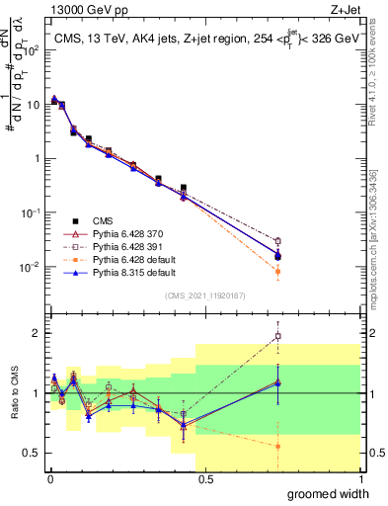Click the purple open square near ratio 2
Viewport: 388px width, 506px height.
[x=277, y=336]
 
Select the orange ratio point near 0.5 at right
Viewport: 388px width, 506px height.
[x=277, y=446]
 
